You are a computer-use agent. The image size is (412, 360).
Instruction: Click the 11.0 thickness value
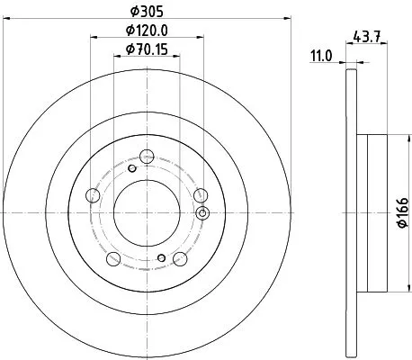point(323,56)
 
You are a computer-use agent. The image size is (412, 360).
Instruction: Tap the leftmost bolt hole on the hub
point(92,195)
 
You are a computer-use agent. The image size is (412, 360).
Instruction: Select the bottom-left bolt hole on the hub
point(113,259)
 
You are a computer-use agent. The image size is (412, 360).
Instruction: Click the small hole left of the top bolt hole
point(131,167)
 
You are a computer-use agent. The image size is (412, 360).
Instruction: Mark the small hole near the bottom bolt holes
point(161,258)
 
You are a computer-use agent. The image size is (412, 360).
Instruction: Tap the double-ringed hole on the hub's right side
point(202,212)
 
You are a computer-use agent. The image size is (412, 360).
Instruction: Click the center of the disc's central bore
point(146,213)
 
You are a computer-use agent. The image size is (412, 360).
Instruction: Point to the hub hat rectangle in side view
point(370,213)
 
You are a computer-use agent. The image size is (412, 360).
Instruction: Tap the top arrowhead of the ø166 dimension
point(389,137)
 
